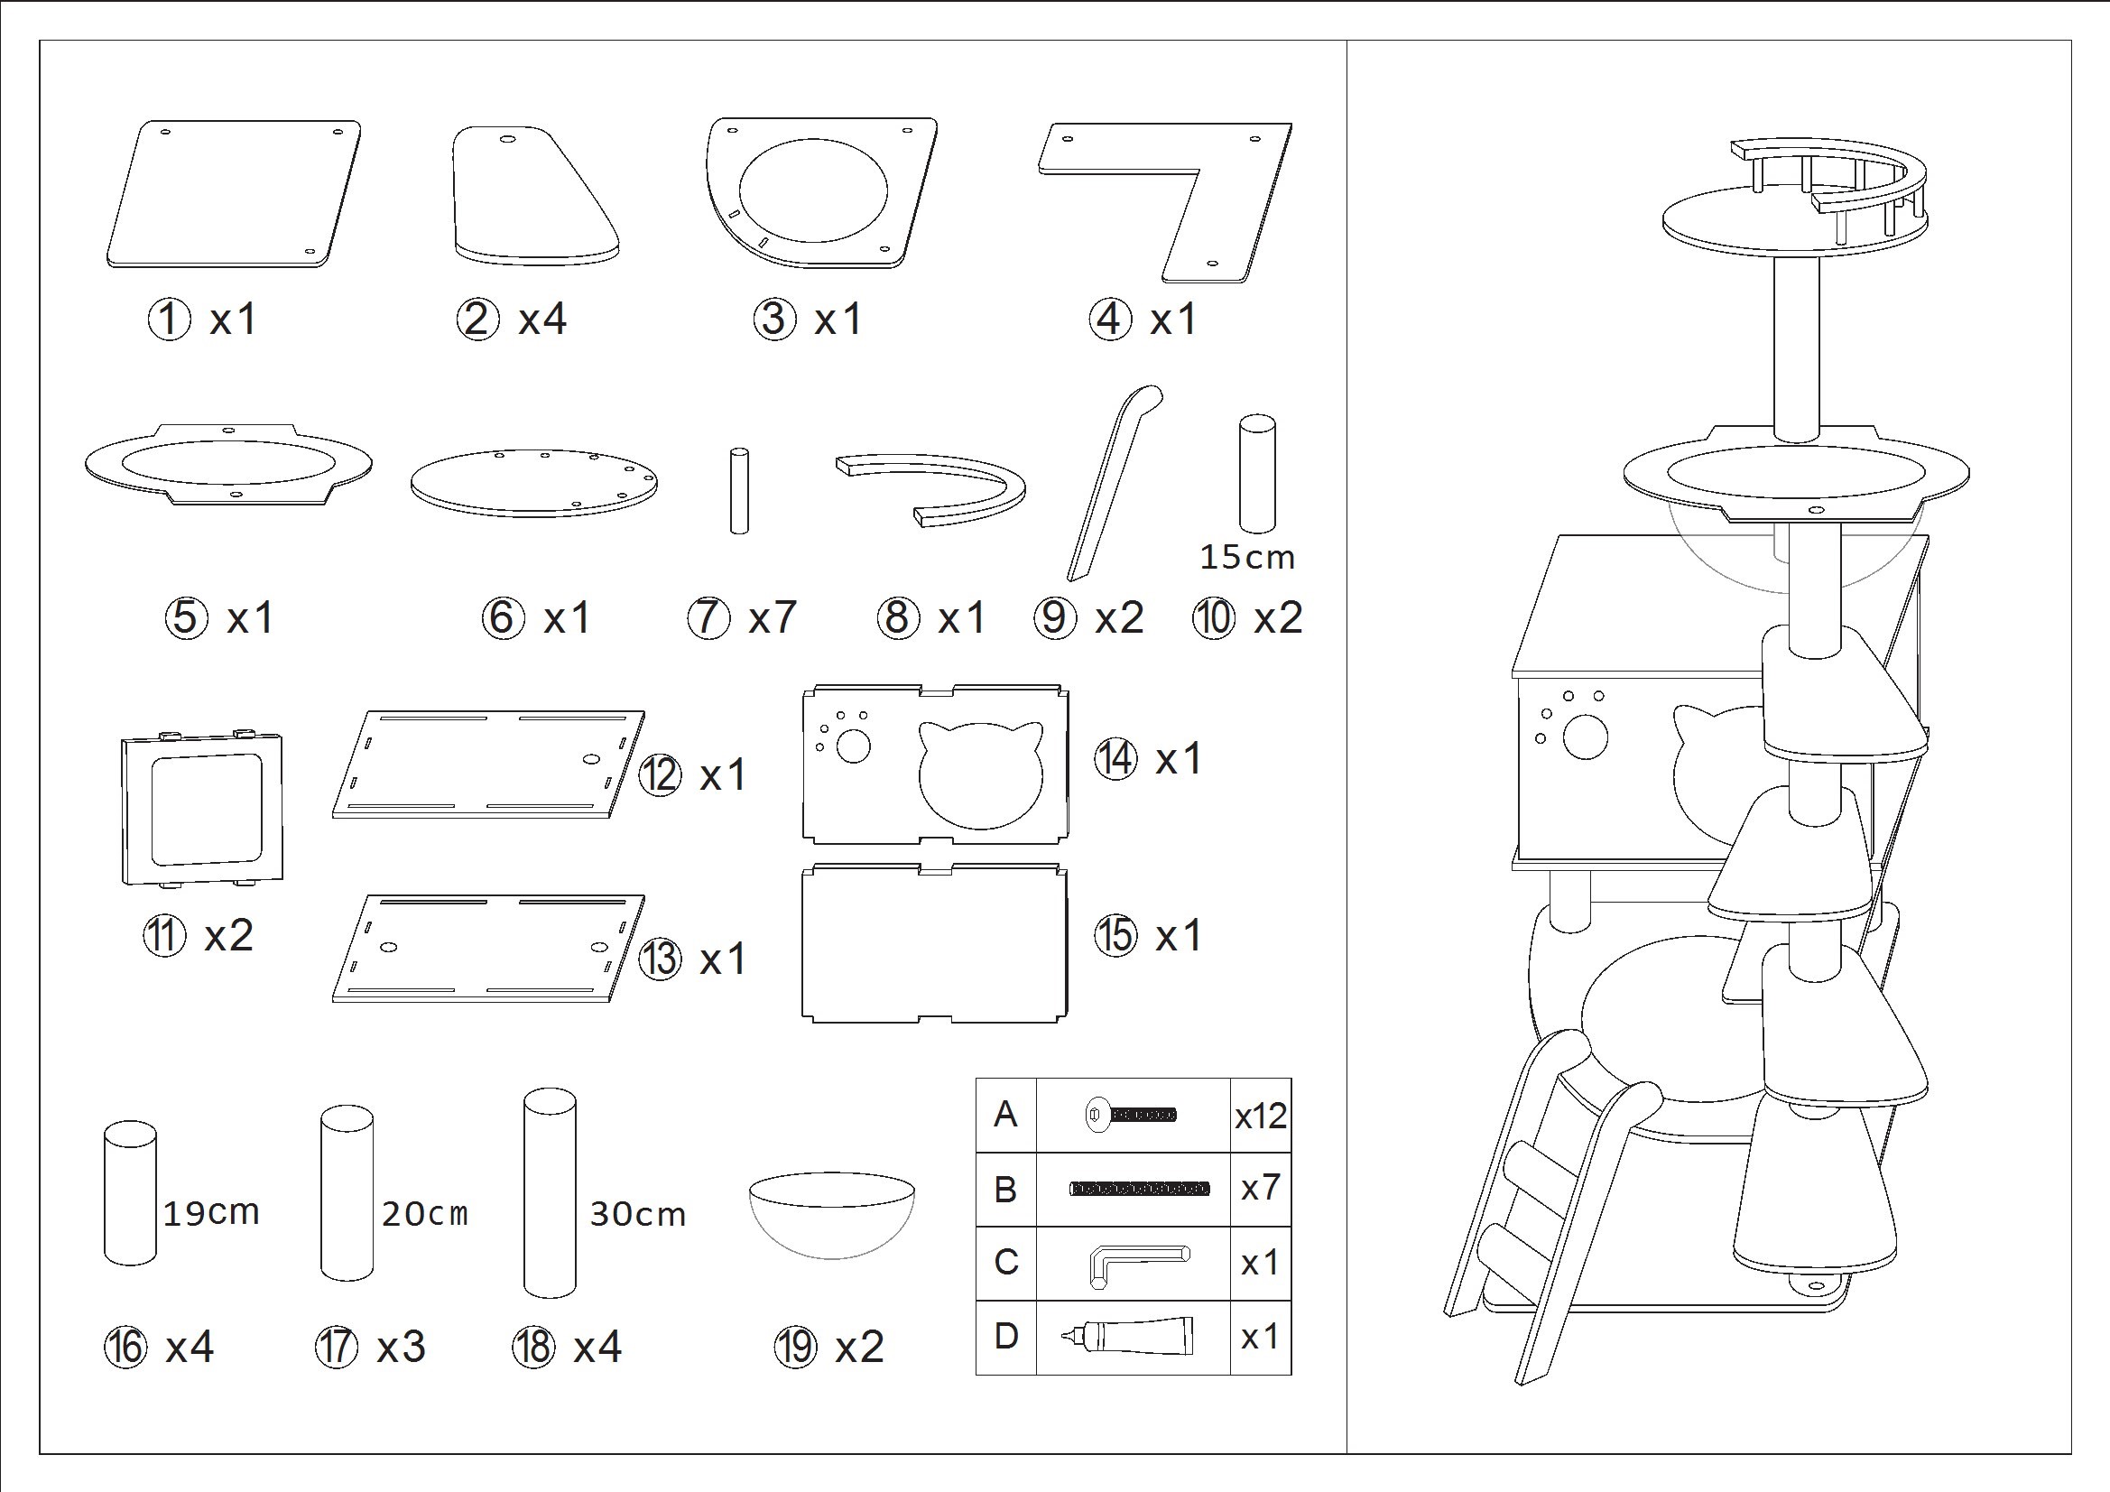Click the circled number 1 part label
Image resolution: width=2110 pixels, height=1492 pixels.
(169, 320)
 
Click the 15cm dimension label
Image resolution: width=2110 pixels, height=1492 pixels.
(1247, 557)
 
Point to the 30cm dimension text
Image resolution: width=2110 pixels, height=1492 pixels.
(638, 1214)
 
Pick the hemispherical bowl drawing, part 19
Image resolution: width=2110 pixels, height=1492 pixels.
(833, 1215)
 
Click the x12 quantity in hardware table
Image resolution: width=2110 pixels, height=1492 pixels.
(1261, 1116)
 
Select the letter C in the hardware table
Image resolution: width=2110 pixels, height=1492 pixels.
(1005, 1262)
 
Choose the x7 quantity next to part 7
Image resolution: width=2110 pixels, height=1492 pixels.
(772, 616)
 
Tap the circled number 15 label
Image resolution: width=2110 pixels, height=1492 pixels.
(1116, 936)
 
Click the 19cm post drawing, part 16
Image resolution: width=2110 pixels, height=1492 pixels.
(130, 1193)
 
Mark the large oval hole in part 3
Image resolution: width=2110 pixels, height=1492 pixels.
(814, 190)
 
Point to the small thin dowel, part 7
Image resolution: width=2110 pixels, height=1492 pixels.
(739, 491)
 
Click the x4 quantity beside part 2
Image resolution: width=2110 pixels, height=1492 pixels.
(542, 320)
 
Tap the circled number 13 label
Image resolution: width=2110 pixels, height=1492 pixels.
(660, 959)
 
